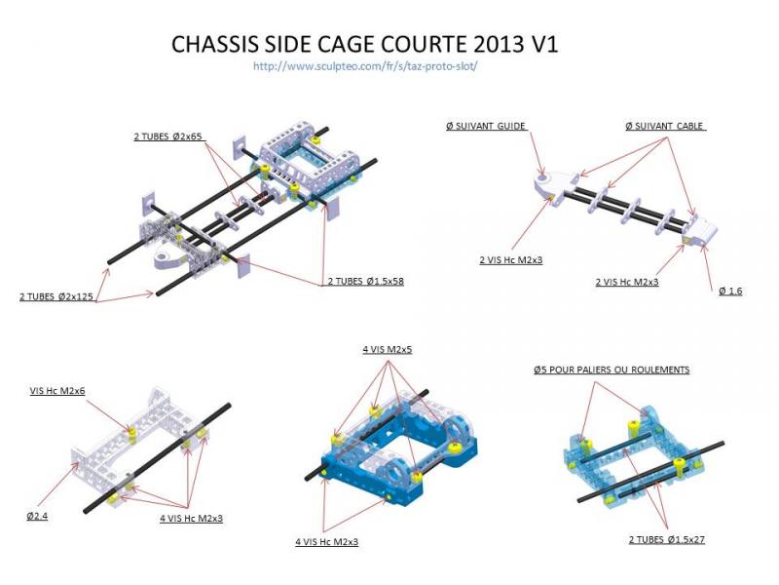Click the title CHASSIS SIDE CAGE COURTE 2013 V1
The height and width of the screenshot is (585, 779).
click(x=364, y=45)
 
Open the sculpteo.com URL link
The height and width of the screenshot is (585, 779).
click(x=364, y=66)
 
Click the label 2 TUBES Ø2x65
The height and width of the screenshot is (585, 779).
click(x=168, y=136)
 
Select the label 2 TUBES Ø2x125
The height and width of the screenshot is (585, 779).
click(x=56, y=295)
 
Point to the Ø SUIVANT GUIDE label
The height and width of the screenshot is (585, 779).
click(x=485, y=126)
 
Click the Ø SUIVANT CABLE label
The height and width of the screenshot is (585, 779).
click(x=664, y=126)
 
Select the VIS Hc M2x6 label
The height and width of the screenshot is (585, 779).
click(x=58, y=390)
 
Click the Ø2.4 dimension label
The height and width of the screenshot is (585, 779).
click(x=37, y=514)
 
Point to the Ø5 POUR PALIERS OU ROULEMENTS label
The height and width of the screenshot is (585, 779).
click(x=612, y=370)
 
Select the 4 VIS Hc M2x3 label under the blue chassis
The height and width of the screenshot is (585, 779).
click(x=326, y=540)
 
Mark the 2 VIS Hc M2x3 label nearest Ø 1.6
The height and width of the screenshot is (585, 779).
click(x=626, y=282)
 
